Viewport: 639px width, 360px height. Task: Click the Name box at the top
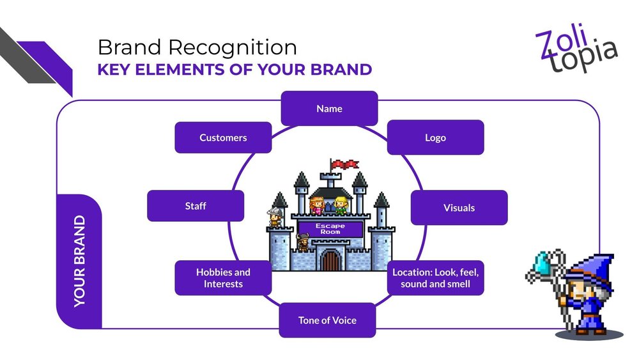(x=329, y=109)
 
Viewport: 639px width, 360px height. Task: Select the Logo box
(x=435, y=137)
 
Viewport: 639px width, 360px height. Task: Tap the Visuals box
(x=459, y=208)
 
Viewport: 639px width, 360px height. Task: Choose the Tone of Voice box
(x=327, y=320)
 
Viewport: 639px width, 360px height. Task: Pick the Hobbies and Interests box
(x=223, y=278)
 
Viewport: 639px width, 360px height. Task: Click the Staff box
(x=196, y=207)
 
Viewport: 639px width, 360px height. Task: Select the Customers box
(x=223, y=137)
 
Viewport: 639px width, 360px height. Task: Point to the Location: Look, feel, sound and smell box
(x=435, y=278)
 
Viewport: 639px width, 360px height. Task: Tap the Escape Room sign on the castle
(x=330, y=228)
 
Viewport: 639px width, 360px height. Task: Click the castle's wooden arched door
(x=330, y=260)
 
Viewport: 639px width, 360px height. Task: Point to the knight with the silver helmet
(x=275, y=217)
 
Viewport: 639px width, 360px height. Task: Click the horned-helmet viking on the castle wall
(x=302, y=244)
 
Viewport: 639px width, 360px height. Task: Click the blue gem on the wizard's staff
(x=543, y=262)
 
